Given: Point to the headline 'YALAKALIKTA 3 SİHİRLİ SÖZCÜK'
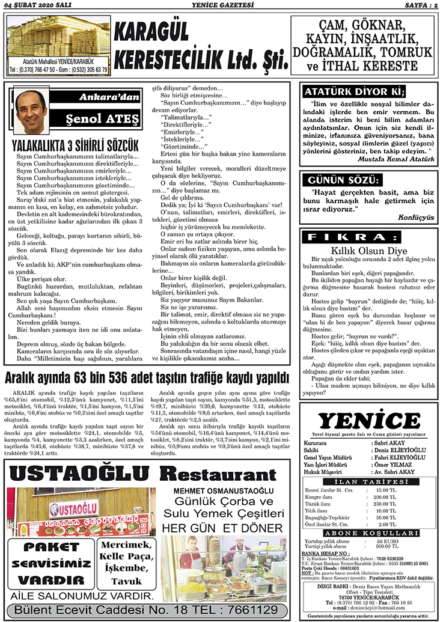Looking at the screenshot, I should click(x=75, y=146).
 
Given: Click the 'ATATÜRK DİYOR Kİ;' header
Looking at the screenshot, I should click(x=353, y=92).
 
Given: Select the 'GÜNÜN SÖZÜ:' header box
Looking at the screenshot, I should click(x=343, y=180).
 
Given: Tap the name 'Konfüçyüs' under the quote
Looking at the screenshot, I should click(x=415, y=218).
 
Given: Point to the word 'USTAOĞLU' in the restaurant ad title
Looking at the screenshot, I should click(x=83, y=475).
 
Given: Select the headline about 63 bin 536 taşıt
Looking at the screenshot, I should click(x=147, y=378).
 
